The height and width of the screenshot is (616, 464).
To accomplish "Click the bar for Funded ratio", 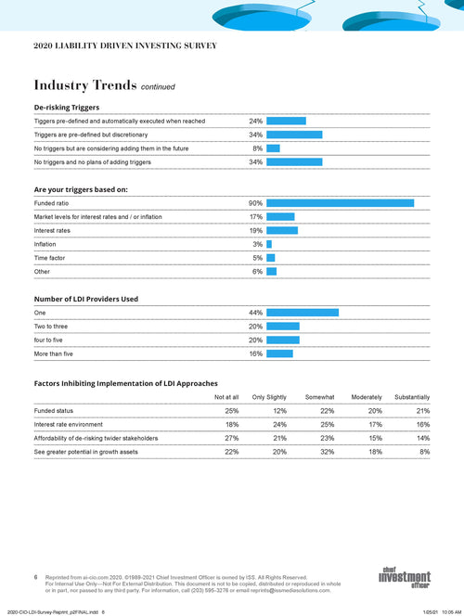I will click(x=340, y=202).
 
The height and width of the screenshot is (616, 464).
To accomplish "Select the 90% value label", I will click(x=255, y=202).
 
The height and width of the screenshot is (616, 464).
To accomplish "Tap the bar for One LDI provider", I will click(x=303, y=313).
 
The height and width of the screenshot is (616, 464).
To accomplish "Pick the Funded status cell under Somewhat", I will click(x=326, y=410).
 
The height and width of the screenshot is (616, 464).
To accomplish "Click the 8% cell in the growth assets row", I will click(x=424, y=451).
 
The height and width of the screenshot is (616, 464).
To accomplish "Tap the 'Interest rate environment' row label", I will click(x=69, y=424).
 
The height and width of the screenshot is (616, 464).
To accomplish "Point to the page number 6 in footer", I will click(x=36, y=576).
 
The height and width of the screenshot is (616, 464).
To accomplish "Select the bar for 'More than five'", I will click(x=279, y=353).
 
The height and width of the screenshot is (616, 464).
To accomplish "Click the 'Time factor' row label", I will click(x=50, y=257).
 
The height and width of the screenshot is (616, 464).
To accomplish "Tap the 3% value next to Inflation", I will click(x=257, y=243).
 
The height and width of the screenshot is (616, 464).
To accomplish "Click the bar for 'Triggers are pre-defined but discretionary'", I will click(x=294, y=135).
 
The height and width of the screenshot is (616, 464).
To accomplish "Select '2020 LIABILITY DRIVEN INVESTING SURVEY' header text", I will click(x=125, y=45).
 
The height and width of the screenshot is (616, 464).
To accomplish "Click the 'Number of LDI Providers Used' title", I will click(x=86, y=299).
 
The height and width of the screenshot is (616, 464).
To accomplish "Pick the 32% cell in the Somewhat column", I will click(x=326, y=451).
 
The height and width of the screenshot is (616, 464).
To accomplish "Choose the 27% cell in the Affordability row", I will click(x=232, y=438).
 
